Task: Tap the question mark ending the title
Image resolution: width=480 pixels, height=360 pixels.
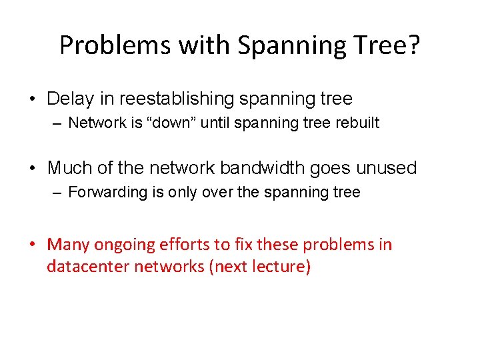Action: pos(415,45)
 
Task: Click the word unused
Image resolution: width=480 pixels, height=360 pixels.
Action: pos(388,167)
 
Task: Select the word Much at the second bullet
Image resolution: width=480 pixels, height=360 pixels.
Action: pos(69,167)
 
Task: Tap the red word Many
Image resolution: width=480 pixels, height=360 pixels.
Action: pos(68,245)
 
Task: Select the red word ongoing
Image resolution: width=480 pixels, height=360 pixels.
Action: pos(127,245)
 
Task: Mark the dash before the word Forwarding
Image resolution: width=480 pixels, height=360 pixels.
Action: pos(58,193)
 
